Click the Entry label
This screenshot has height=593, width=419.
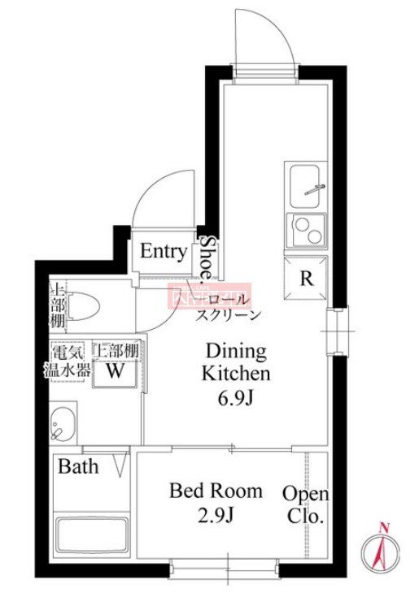coord(164,252)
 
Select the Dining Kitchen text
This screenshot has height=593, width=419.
coord(235,362)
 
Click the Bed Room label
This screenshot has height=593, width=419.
coord(216,491)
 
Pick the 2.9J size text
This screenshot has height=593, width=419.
coord(216,514)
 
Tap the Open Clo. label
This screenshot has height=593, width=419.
coord(306,504)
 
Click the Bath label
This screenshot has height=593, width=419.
coord(78,466)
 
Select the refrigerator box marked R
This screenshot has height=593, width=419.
coord(306,278)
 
